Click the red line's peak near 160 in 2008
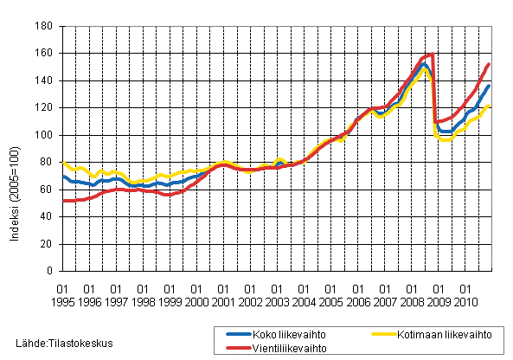tap(431, 55)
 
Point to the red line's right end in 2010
tap(490, 64)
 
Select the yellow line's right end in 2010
tap(490, 106)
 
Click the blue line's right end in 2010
tap(490, 86)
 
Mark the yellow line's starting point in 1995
tap(63, 162)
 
